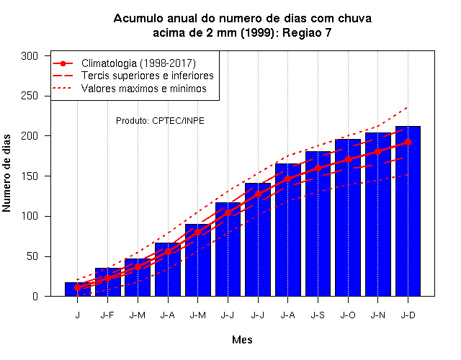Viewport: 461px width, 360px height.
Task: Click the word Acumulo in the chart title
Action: click(x=138, y=18)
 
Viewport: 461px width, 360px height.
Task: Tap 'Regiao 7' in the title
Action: click(x=307, y=32)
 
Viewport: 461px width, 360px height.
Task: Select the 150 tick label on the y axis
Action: click(x=30, y=176)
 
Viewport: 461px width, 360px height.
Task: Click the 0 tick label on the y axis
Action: click(x=35, y=296)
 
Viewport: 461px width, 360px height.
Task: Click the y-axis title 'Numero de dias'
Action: click(x=6, y=173)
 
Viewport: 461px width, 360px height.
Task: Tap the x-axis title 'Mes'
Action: click(x=242, y=340)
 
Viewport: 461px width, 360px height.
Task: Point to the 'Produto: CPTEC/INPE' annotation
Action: click(x=160, y=120)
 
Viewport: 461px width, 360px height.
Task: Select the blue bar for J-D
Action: click(x=408, y=211)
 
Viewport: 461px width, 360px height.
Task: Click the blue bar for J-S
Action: click(x=318, y=224)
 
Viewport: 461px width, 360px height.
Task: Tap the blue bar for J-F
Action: click(x=108, y=282)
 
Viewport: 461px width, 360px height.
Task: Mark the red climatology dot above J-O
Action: click(x=348, y=160)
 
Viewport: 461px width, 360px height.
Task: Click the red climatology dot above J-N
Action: click(x=377, y=152)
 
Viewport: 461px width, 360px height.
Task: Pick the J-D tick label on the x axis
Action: click(x=408, y=315)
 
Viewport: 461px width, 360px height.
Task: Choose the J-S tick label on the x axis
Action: click(x=318, y=315)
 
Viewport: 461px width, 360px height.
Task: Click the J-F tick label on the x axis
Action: click(x=107, y=315)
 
